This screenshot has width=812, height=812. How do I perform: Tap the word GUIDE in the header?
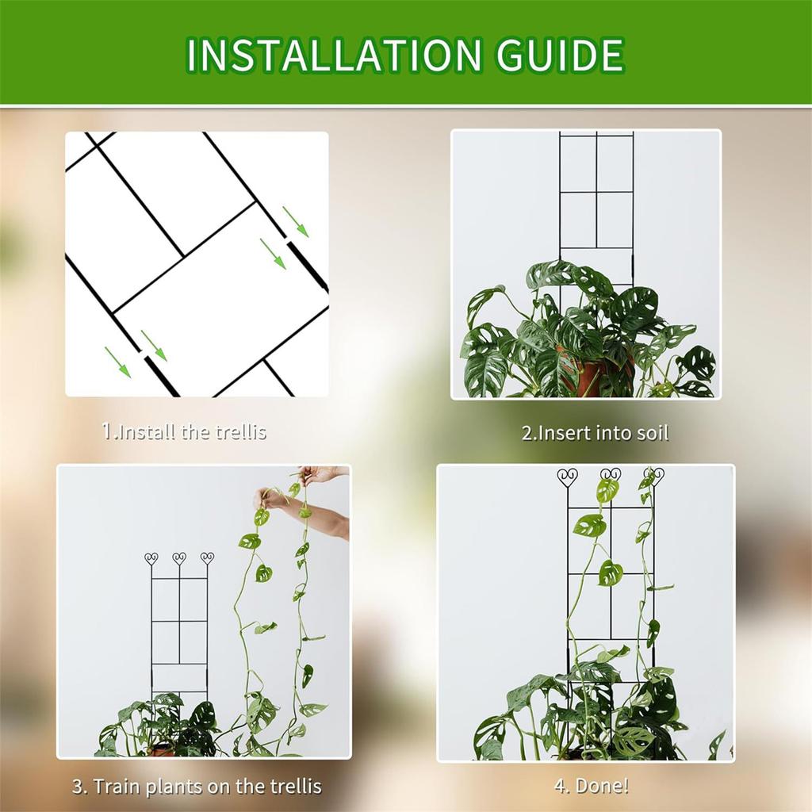click(x=554, y=55)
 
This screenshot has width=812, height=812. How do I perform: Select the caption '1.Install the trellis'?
click(x=184, y=432)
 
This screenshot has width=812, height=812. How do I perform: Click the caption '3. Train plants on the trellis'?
click(x=197, y=787)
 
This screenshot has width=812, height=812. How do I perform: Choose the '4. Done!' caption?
click(x=592, y=787)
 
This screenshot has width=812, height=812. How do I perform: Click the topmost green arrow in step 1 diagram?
click(x=296, y=221)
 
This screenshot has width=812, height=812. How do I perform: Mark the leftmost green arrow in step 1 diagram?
click(x=117, y=362)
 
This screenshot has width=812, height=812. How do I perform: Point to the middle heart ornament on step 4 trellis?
click(x=610, y=477)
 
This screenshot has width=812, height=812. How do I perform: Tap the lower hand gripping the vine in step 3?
click(x=270, y=499)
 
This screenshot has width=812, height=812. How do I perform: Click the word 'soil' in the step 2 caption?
click(x=652, y=433)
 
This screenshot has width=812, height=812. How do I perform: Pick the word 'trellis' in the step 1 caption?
click(x=239, y=432)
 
